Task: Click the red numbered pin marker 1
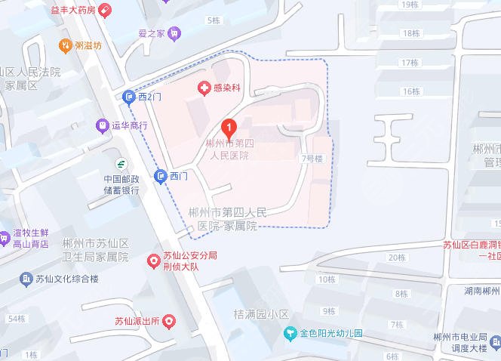coord(229,126)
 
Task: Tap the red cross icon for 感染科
coord(203,88)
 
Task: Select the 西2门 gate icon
coord(129,97)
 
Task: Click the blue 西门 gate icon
coord(160,176)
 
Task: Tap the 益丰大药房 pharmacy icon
coord(105,11)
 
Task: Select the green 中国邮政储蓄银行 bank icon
coord(121,164)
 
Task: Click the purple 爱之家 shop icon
coord(175,33)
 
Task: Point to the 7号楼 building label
coord(312,159)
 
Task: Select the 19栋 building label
coord(410,5)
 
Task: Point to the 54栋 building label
coord(15,319)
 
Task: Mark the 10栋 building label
coord(327,279)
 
